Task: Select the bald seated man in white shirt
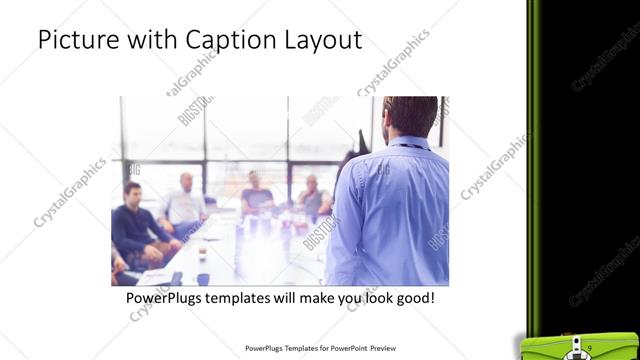186,200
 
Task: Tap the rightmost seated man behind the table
313,196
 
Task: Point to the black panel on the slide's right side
585,150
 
